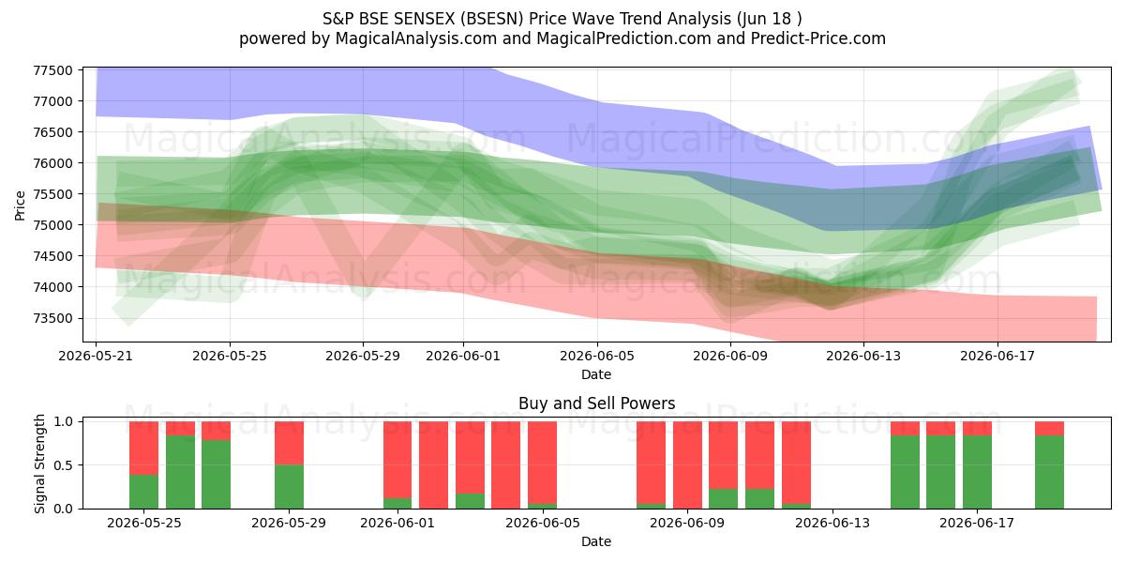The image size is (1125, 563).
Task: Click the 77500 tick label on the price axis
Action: pos(52,70)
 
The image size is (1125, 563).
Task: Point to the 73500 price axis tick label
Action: pos(52,318)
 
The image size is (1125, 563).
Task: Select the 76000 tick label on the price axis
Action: pos(52,163)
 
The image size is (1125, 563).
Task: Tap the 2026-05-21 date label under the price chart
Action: pos(96,356)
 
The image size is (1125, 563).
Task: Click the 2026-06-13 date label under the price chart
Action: pos(863,356)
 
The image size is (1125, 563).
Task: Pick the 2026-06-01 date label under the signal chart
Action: pos(397,523)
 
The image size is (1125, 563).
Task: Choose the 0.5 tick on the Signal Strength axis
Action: pos(65,465)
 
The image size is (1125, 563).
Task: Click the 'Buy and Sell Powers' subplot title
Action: pos(596,403)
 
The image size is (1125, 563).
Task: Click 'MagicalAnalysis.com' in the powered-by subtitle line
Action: pos(416,38)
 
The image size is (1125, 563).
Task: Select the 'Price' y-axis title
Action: pos(20,205)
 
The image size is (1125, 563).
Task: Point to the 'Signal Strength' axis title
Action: pos(39,464)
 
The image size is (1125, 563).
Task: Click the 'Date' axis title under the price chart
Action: pos(596,374)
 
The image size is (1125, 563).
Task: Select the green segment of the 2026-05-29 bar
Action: pos(289,487)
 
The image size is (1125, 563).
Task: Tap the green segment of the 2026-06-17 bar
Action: pos(977,472)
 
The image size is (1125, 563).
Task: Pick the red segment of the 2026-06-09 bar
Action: pos(687,465)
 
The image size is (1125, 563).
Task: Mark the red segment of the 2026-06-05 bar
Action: pos(542,463)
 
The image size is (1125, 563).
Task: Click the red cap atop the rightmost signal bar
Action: pos(1049,428)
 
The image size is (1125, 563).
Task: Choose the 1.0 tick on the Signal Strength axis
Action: pos(65,421)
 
